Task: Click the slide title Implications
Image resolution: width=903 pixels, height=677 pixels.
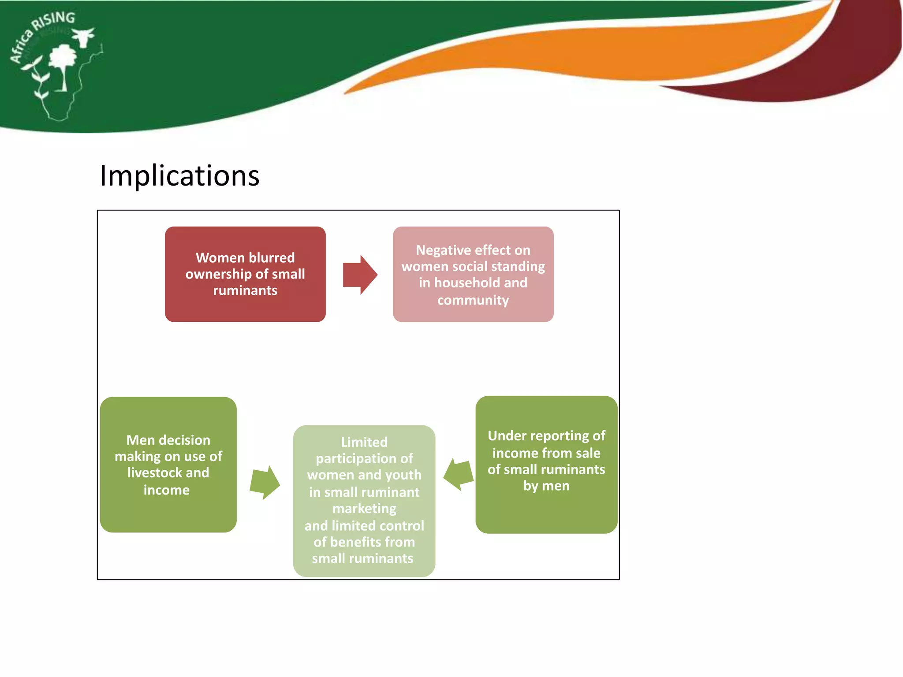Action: (x=179, y=176)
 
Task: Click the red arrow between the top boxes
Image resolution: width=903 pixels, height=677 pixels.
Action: (x=359, y=275)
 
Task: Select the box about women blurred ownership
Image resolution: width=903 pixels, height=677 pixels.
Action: (x=245, y=274)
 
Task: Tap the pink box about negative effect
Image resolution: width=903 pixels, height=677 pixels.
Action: (x=473, y=274)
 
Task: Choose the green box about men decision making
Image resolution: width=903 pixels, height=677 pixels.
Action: (x=168, y=465)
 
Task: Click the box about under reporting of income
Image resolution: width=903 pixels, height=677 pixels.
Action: (x=546, y=465)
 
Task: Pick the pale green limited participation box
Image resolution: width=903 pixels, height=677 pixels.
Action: (x=364, y=501)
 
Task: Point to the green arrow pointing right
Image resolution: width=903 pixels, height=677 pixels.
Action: (x=265, y=483)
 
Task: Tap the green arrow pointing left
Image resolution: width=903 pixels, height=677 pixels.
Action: (x=459, y=474)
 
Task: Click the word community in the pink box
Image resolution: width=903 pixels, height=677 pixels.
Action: (x=473, y=300)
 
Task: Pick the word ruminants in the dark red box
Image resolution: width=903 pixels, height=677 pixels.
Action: (x=245, y=290)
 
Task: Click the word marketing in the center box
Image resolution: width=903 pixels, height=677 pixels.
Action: (x=364, y=509)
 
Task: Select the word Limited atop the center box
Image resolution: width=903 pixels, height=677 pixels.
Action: (x=364, y=442)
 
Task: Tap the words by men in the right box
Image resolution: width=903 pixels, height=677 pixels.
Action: (x=546, y=486)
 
